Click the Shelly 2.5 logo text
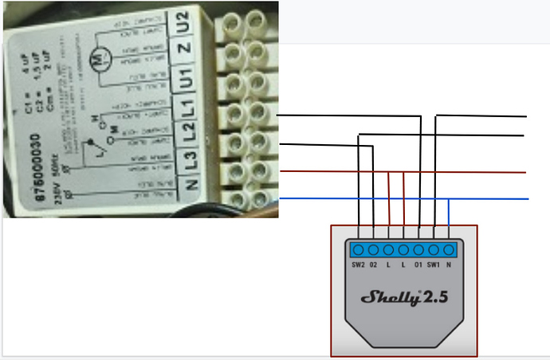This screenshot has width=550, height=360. coord(404,299)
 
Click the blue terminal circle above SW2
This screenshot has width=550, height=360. coord(359,248)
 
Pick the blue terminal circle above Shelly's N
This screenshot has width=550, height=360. coord(450,248)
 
